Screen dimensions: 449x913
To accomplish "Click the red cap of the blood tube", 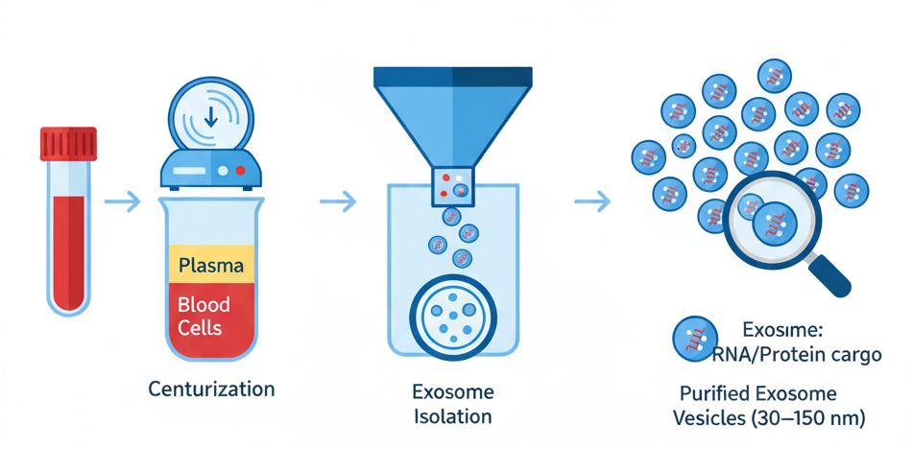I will click(67, 144).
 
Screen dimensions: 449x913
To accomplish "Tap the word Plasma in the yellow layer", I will click(210, 265).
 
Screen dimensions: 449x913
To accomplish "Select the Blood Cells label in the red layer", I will click(204, 317).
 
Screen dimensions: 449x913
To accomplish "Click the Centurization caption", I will click(211, 390).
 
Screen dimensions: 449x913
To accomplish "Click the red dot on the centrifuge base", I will click(240, 170).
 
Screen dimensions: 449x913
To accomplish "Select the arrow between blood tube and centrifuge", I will click(121, 201).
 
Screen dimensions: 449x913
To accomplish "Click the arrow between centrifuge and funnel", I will click(337, 201).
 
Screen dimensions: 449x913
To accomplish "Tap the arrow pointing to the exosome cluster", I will click(591, 201).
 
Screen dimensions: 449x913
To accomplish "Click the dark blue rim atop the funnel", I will click(452, 77).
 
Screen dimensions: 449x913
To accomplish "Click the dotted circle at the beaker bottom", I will click(452, 314).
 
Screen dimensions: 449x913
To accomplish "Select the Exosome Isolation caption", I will click(452, 404).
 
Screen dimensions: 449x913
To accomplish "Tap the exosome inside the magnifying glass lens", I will click(774, 225).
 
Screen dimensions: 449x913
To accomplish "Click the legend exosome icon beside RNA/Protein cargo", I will click(694, 340).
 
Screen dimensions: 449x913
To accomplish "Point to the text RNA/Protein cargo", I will click(796, 355).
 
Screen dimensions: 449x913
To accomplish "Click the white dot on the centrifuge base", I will click(223, 170).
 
